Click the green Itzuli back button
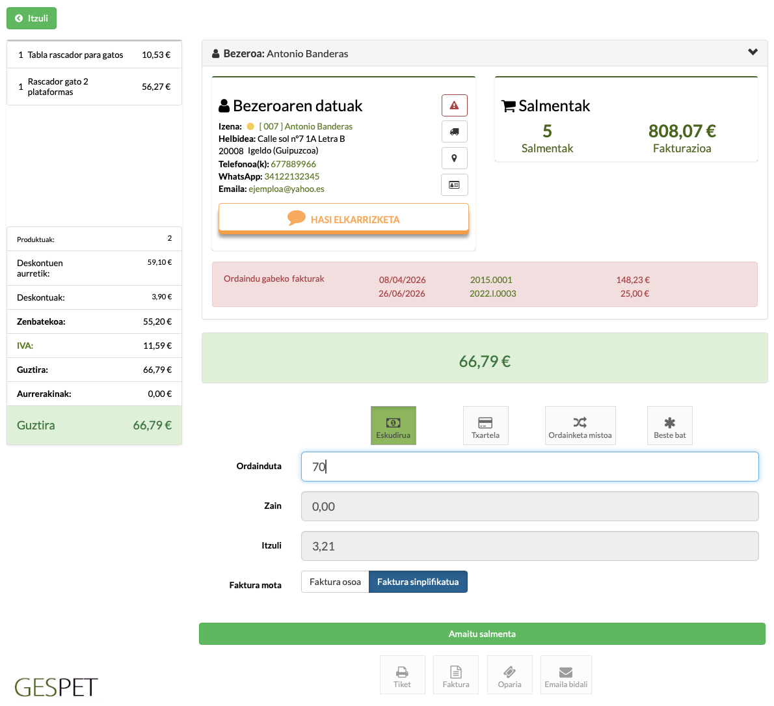pyautogui.click(x=32, y=18)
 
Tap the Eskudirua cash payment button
pyautogui.click(x=394, y=426)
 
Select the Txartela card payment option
pyautogui.click(x=486, y=426)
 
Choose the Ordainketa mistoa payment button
pyautogui.click(x=580, y=426)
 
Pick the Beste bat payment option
pyautogui.click(x=670, y=426)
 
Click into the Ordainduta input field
pyautogui.click(x=529, y=467)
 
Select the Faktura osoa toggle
pyautogui.click(x=335, y=582)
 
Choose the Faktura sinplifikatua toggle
pyautogui.click(x=418, y=582)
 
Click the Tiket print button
pyautogui.click(x=403, y=675)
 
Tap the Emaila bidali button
pyautogui.click(x=566, y=675)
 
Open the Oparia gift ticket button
pyautogui.click(x=510, y=675)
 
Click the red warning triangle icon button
pyautogui.click(x=454, y=105)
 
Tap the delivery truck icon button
pyautogui.click(x=454, y=132)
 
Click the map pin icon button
pyautogui.click(x=454, y=159)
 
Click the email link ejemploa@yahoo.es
pyautogui.click(x=286, y=189)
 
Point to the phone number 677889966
pyautogui.click(x=293, y=164)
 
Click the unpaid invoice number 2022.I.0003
pyautogui.click(x=492, y=293)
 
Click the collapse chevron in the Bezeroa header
pyautogui.click(x=753, y=52)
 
